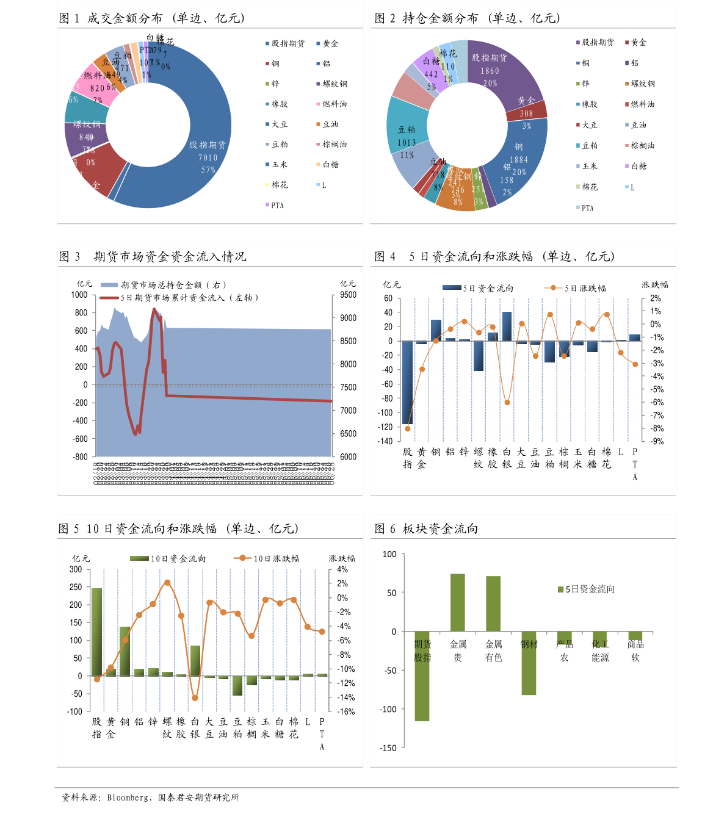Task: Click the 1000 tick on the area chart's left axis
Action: (79, 295)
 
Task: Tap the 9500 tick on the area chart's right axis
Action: (348, 295)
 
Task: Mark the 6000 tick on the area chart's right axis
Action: (348, 457)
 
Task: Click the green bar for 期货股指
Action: (422, 676)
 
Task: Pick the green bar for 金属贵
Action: (458, 602)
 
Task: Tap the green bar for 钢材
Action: (529, 663)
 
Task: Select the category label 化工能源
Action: (600, 650)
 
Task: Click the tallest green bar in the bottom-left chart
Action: (96, 632)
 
